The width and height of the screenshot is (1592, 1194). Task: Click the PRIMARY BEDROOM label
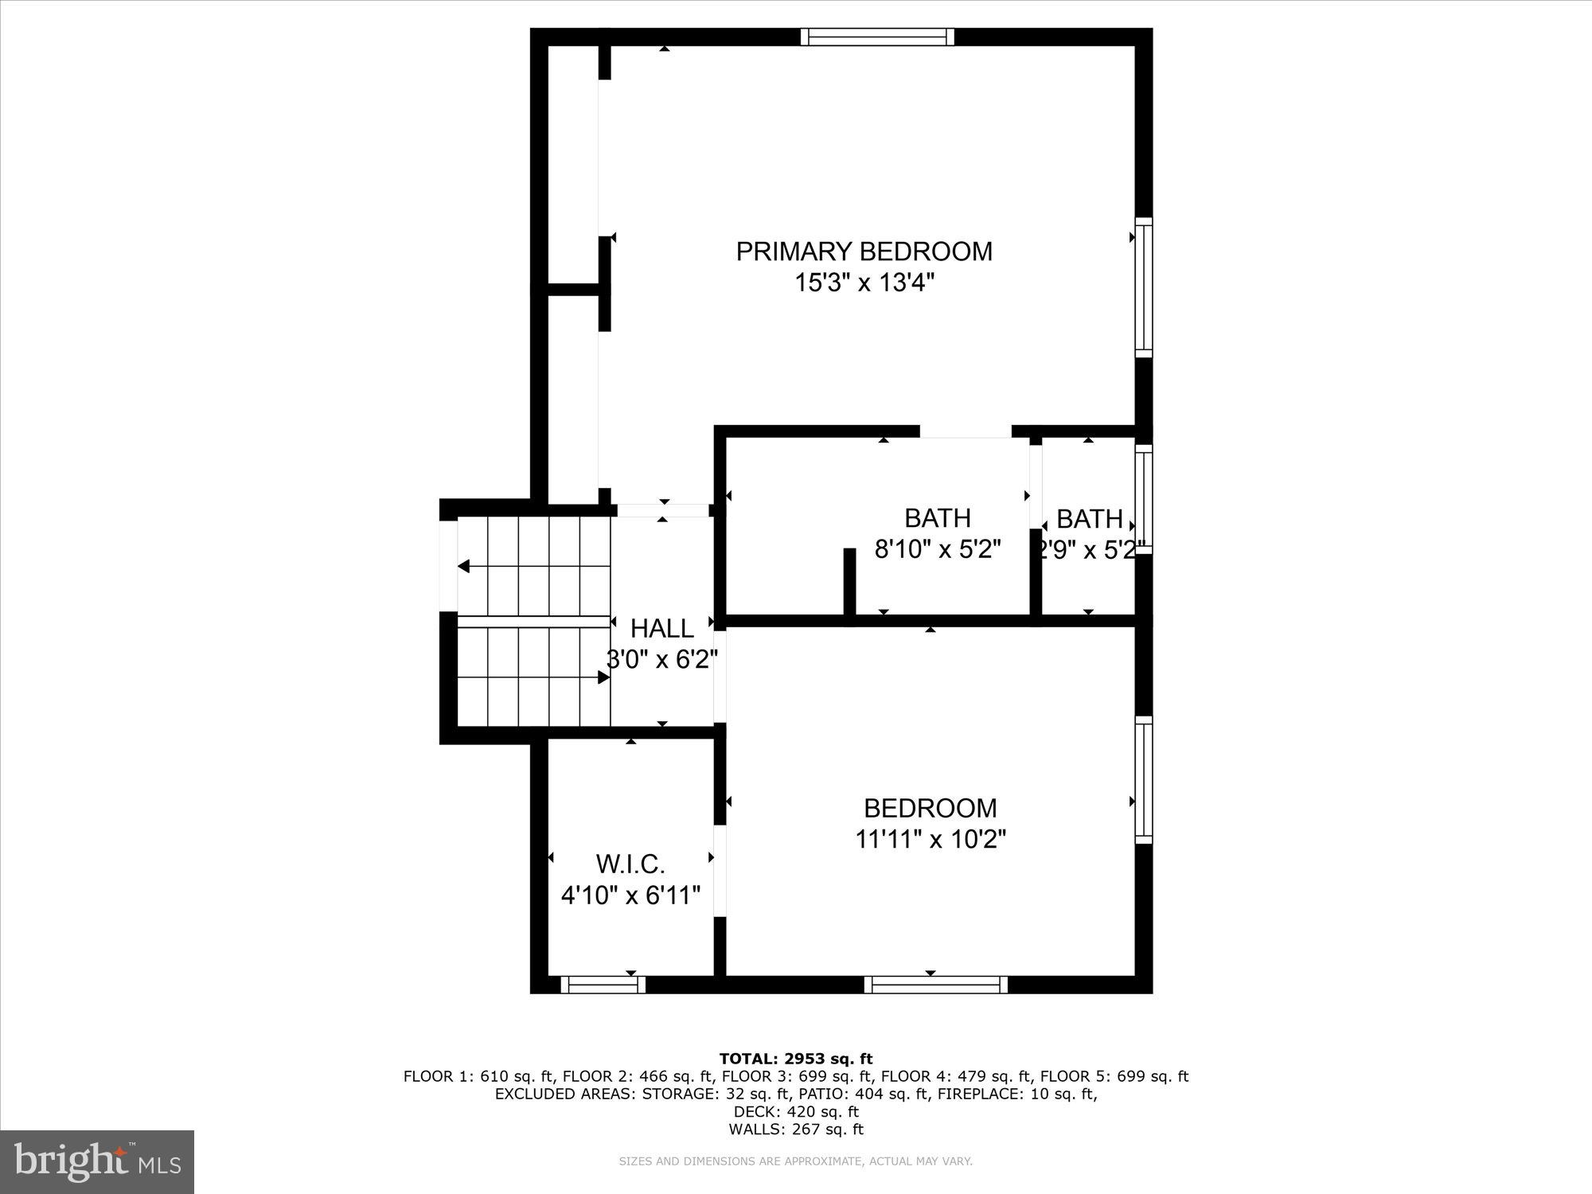pyautogui.click(x=864, y=252)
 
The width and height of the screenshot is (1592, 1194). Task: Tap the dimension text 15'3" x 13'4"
pyautogui.click(x=864, y=283)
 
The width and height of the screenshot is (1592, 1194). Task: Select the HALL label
pyautogui.click(x=661, y=629)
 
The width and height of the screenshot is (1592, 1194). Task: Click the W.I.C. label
pyautogui.click(x=630, y=864)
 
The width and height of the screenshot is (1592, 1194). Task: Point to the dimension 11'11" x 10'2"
pyautogui.click(x=931, y=839)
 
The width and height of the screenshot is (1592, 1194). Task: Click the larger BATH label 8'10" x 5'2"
pyautogui.click(x=937, y=518)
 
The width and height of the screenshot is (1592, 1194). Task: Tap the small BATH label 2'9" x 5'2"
pyautogui.click(x=1089, y=520)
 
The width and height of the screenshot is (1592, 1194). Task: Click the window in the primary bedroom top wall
pyautogui.click(x=876, y=37)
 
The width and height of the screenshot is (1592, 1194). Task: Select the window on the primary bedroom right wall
pyautogui.click(x=1143, y=287)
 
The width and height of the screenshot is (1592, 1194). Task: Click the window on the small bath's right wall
pyautogui.click(x=1143, y=497)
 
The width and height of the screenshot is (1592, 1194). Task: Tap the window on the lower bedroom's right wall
pyautogui.click(x=1143, y=779)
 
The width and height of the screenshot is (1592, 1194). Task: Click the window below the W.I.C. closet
pyautogui.click(x=603, y=985)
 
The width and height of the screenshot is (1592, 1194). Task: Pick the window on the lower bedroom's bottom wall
pyautogui.click(x=935, y=985)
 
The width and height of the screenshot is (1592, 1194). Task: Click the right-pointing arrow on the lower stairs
pyautogui.click(x=603, y=677)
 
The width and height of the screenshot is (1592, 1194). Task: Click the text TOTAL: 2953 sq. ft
pyautogui.click(x=795, y=1059)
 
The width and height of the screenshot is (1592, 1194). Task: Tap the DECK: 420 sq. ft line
pyautogui.click(x=795, y=1111)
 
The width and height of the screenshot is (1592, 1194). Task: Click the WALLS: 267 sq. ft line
pyautogui.click(x=795, y=1129)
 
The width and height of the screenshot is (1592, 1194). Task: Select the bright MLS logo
pyautogui.click(x=97, y=1161)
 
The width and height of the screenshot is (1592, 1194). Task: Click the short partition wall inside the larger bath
pyautogui.click(x=849, y=582)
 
